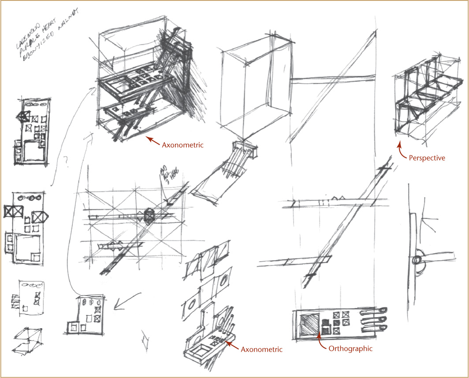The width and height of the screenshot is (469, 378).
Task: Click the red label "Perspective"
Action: click(x=427, y=157)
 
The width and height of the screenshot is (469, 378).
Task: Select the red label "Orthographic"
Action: click(x=350, y=348)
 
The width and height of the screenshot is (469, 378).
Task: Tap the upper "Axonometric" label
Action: click(x=182, y=145)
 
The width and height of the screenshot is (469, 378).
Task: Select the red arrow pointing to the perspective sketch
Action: click(x=401, y=150)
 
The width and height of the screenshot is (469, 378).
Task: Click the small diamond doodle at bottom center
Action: click(x=145, y=341)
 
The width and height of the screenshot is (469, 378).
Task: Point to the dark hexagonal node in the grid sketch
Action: click(x=149, y=216)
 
